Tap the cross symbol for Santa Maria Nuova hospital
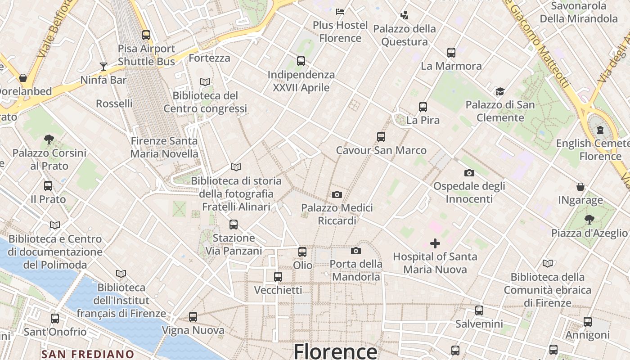tap(435, 244)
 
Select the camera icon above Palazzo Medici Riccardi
tap(337, 194)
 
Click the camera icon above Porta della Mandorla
tap(356, 251)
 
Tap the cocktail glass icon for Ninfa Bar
tap(103, 67)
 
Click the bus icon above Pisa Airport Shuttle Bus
tap(146, 35)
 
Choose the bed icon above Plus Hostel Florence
tap(340, 11)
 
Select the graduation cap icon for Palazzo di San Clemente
tap(500, 92)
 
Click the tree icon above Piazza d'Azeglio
tap(589, 220)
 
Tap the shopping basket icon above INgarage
tap(580, 187)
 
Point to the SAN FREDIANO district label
tap(88, 354)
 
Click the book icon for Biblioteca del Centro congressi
tap(205, 82)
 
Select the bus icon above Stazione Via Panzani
tap(234, 225)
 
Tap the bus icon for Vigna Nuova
tap(193, 317)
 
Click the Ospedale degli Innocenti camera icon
tap(469, 173)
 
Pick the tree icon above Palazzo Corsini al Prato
tap(49, 139)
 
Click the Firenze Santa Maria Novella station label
tap(164, 147)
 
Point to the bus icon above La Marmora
tap(451, 53)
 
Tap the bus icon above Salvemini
tap(479, 310)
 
